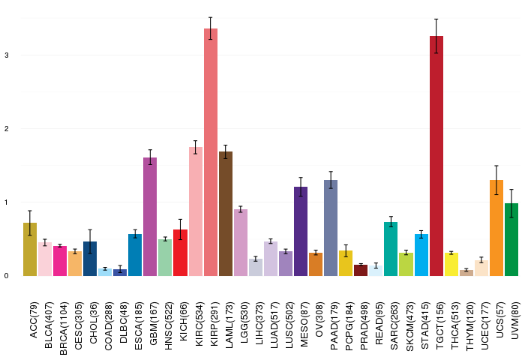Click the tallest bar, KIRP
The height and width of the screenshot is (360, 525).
[211, 152]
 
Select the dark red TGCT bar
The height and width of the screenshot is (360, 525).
[436, 156]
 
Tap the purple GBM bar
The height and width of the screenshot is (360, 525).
[150, 217]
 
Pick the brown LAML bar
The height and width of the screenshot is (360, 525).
[226, 214]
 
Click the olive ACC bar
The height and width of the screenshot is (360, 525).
[30, 249]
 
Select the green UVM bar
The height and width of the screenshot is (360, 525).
[511, 239]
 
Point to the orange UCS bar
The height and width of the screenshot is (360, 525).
[496, 228]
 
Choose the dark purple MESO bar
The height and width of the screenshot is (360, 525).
[301, 232]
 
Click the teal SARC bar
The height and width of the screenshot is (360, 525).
[391, 249]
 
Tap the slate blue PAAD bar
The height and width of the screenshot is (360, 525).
[331, 228]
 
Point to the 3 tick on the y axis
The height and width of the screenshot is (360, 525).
[7, 55]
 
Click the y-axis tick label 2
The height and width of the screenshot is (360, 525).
[7, 128]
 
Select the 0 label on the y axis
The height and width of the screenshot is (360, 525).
[7, 276]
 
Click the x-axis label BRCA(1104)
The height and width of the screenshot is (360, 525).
[63, 328]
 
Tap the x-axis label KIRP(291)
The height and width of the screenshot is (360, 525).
[214, 324]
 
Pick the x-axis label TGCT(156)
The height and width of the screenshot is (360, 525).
[439, 325]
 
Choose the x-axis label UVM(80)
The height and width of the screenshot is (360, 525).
[515, 320]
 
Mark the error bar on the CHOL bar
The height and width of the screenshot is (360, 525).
[90, 241]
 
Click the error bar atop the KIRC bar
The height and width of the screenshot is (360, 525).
[196, 147]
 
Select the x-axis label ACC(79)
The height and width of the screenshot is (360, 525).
[34, 319]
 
